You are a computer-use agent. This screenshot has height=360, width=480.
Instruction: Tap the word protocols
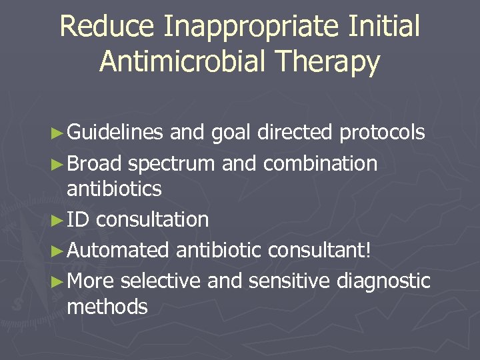pyautogui.click(x=382, y=133)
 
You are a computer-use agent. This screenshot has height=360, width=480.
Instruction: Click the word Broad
pyautogui.click(x=94, y=163)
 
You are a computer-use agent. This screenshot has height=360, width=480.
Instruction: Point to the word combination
pyautogui.click(x=320, y=163)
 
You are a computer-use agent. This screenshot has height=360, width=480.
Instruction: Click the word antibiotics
pyautogui.click(x=114, y=189)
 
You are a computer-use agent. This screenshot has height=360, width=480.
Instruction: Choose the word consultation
pyautogui.click(x=152, y=219)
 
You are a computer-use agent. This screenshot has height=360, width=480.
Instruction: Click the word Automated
pyautogui.click(x=118, y=250)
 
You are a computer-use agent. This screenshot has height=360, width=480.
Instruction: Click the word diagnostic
pyautogui.click(x=383, y=281)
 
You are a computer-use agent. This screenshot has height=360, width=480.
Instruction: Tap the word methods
pyautogui.click(x=107, y=307)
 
